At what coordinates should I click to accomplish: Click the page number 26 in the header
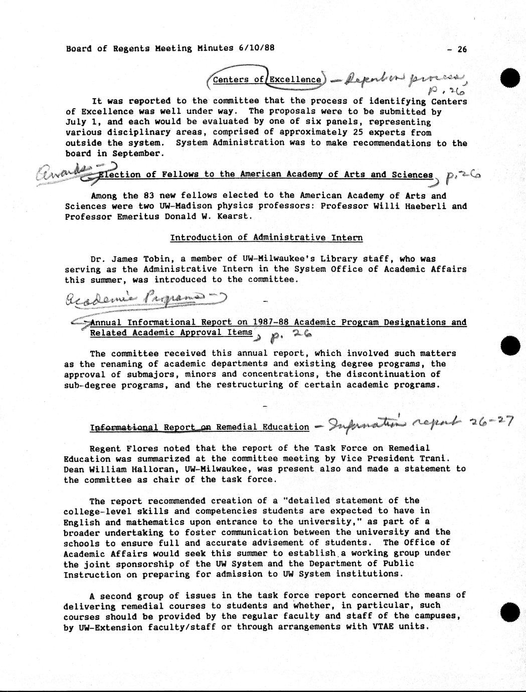[x=461, y=49]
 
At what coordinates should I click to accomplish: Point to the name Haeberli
[x=420, y=206]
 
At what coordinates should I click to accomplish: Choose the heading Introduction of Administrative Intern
[x=266, y=238]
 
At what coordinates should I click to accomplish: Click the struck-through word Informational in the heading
[x=123, y=427]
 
